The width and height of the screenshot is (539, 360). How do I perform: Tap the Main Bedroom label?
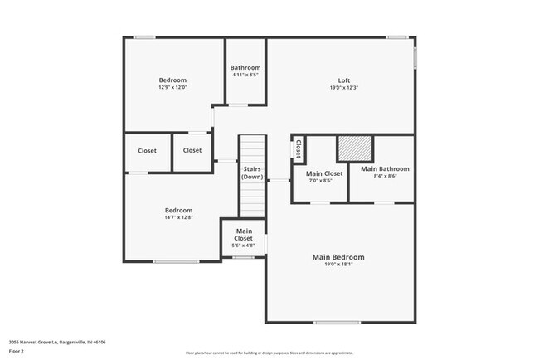coord(337,257)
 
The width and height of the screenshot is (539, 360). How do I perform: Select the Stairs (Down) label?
coord(252,173)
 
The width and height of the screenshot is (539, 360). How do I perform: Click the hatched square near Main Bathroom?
coord(354,148)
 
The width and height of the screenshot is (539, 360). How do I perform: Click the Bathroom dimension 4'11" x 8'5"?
coord(245,75)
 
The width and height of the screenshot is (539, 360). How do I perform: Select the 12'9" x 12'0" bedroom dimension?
coord(172,87)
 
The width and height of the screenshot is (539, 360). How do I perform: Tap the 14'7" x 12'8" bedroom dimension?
coord(178,217)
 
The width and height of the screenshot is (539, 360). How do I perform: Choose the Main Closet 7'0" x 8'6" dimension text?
coord(320,180)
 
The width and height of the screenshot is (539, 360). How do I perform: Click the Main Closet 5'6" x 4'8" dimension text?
coord(244,246)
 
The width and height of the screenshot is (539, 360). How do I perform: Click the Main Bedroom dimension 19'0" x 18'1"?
coord(337,265)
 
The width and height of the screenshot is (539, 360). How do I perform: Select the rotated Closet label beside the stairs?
coord(297,149)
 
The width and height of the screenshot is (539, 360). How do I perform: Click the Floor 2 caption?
coord(17,351)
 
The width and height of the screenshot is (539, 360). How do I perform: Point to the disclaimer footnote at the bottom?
coord(269,353)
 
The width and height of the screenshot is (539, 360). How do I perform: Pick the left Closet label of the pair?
coord(148,150)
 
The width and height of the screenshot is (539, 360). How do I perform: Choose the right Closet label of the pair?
coord(192,150)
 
